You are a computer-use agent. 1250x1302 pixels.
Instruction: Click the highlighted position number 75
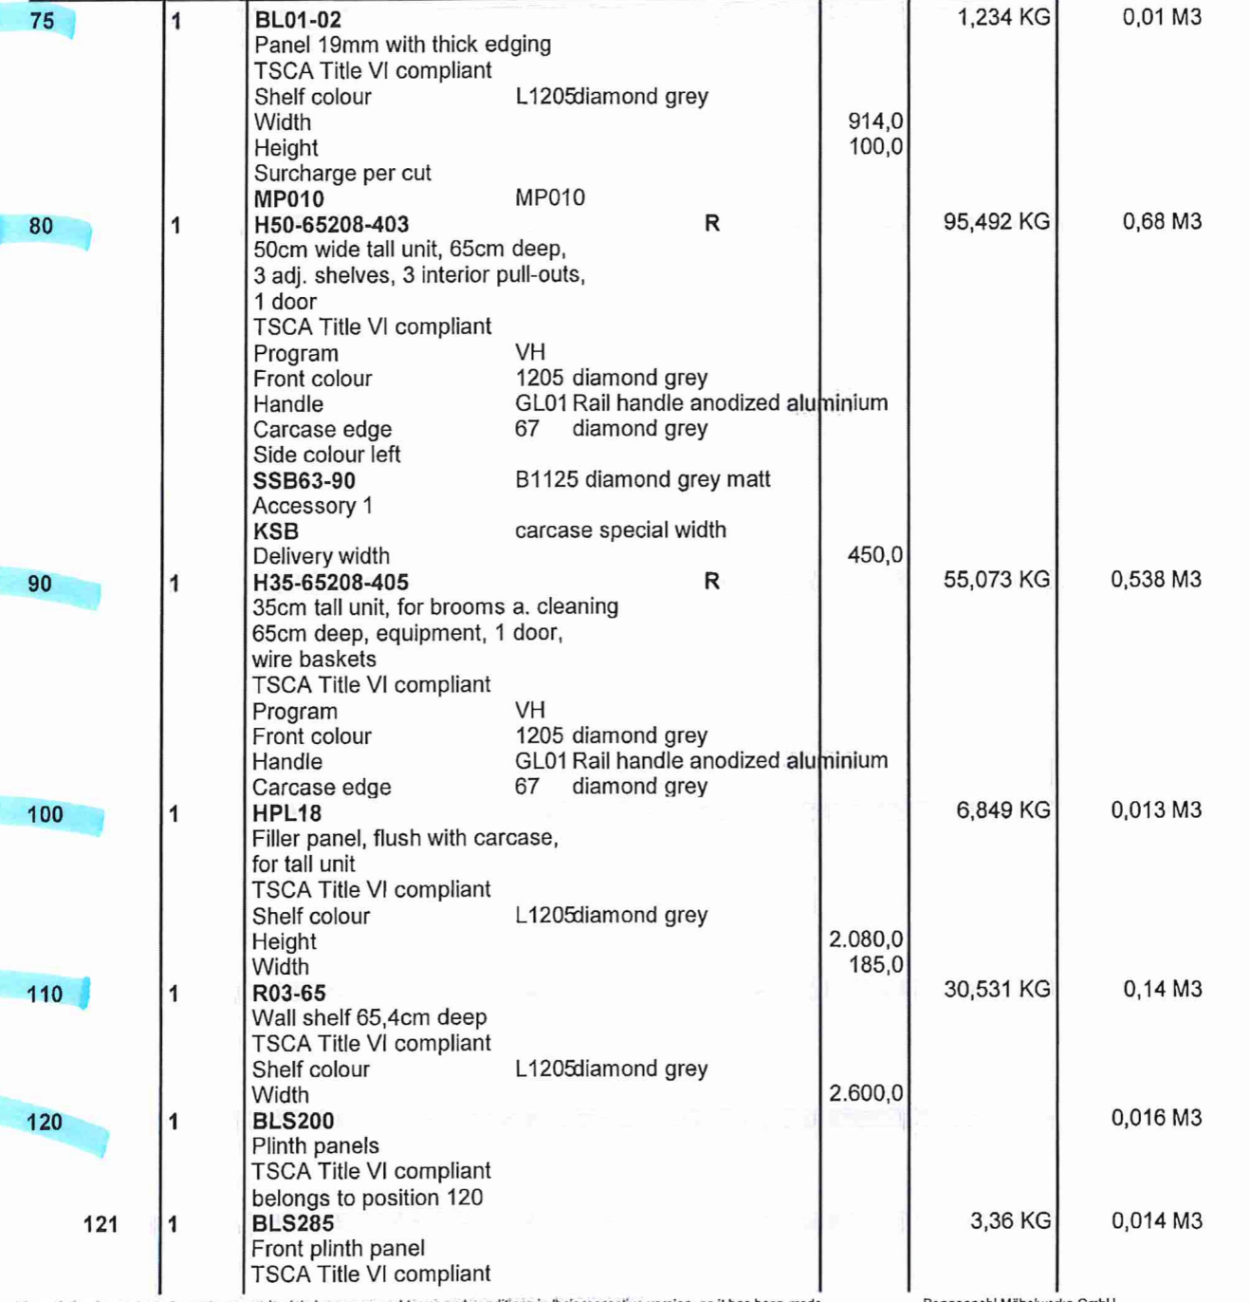coord(42,20)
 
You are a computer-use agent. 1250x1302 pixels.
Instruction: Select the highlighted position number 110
coord(45,994)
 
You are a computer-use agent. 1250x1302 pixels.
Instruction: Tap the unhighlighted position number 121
coord(100,1224)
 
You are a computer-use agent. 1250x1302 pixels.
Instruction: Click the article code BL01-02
coord(297,19)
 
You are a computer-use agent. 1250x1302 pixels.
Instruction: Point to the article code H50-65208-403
coord(331,225)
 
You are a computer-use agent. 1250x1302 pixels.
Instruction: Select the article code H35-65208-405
coord(330,582)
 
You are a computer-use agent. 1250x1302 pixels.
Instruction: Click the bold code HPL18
coord(286,813)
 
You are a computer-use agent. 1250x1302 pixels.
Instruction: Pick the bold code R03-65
coord(288,993)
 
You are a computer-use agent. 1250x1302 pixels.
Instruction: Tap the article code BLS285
coord(292,1223)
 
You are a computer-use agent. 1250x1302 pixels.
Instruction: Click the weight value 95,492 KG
coord(996,222)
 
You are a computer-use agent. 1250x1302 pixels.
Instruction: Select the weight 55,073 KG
coord(996,580)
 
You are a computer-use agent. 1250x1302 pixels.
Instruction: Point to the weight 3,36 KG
coord(1009,1220)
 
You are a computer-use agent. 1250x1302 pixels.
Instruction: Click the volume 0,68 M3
coord(1162,222)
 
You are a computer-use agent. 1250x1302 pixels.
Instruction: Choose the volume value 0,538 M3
coord(1155,580)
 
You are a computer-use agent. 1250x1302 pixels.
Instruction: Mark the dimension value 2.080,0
coord(865,939)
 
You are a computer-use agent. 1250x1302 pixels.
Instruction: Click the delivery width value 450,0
coord(874,555)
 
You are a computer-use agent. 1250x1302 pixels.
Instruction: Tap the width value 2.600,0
coord(865,1093)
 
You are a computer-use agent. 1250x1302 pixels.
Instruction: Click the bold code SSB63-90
coord(303,481)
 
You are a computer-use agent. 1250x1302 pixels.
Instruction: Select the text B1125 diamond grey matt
coord(642,479)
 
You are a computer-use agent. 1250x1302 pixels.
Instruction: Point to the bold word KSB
coord(275,531)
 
